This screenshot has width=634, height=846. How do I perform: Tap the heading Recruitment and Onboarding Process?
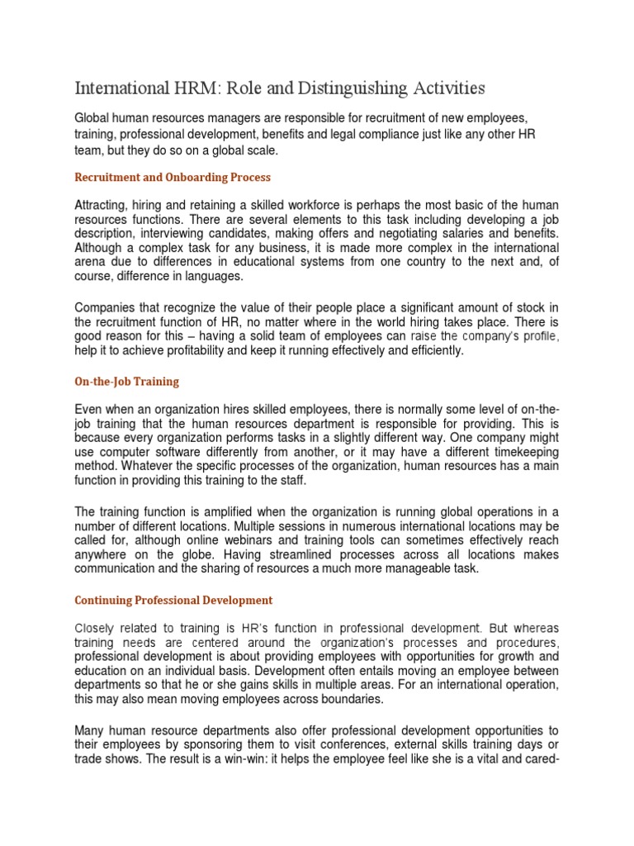(173, 177)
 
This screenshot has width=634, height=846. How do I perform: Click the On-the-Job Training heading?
(126, 382)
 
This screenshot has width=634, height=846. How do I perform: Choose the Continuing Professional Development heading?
(173, 600)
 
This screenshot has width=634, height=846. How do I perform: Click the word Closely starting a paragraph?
(97, 628)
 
